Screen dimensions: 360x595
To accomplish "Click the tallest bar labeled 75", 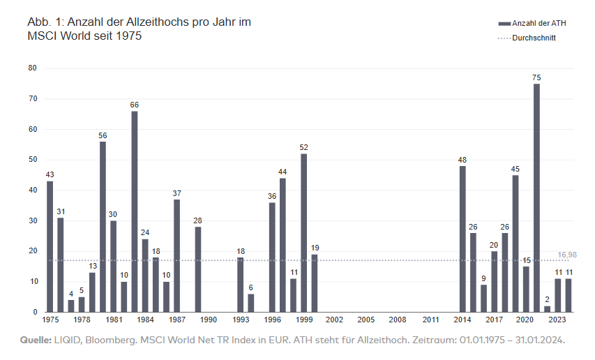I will click(x=536, y=198).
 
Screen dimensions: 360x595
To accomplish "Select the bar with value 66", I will click(x=134, y=211).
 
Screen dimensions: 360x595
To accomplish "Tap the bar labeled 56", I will click(x=103, y=227).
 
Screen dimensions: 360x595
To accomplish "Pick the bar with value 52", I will click(x=303, y=233).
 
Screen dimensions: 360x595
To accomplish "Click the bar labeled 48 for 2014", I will click(x=462, y=239).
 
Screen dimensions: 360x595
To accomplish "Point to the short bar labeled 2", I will click(x=547, y=309).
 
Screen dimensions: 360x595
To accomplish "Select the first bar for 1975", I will click(x=50, y=246).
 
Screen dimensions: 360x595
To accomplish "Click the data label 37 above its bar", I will click(x=176, y=193).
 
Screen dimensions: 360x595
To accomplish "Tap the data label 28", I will click(x=198, y=220).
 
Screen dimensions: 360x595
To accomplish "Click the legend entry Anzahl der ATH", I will click(x=538, y=23).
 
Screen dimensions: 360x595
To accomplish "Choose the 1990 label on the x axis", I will click(x=208, y=320).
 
